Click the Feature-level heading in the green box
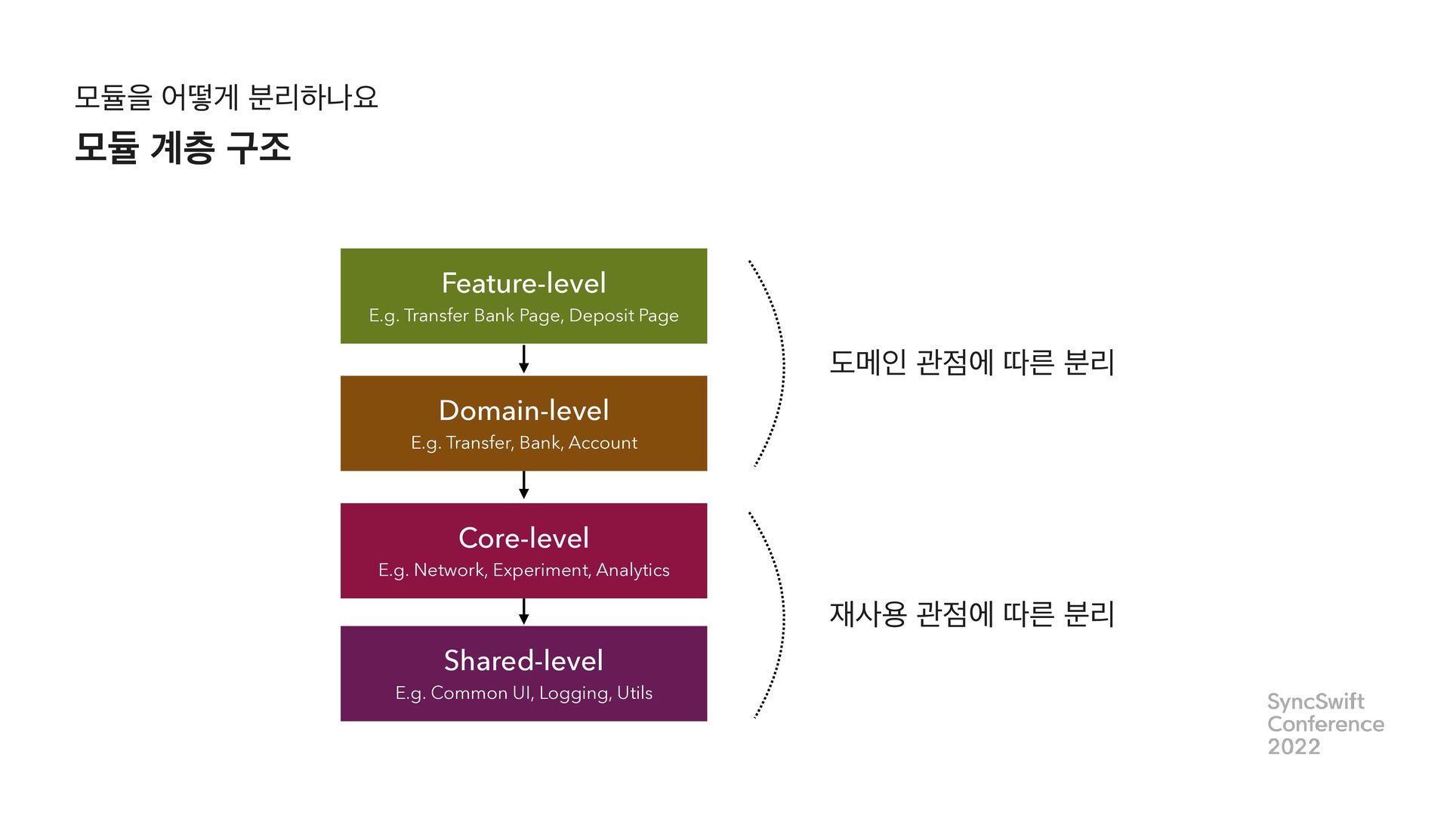[x=523, y=283]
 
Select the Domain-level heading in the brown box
[x=523, y=411]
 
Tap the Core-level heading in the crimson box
[x=523, y=538]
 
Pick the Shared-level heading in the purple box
[x=523, y=660]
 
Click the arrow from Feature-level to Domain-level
[x=523, y=359]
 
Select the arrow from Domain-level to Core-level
[x=523, y=485]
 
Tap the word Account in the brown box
[x=603, y=443]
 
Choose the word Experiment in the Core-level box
[x=541, y=570]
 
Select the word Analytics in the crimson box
[x=633, y=570]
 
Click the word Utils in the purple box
[x=634, y=693]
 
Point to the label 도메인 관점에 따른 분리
[x=971, y=363]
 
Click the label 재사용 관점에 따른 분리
[x=971, y=614]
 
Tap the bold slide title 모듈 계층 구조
[x=183, y=147]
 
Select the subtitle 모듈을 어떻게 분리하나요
[x=226, y=97]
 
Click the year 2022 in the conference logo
[x=1294, y=746]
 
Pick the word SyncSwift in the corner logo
[x=1316, y=701]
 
